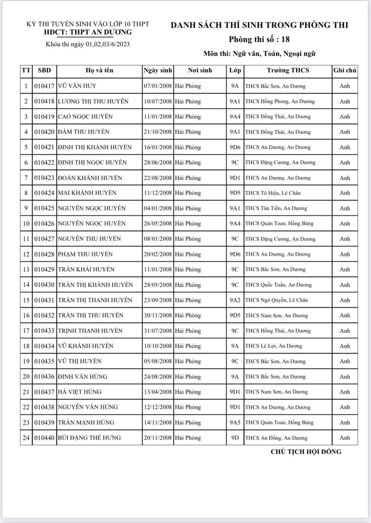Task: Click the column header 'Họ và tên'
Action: (x=99, y=70)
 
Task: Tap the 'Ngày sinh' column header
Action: (x=158, y=70)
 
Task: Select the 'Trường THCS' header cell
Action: (x=288, y=70)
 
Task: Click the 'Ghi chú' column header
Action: (x=345, y=70)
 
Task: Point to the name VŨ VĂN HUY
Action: (x=77, y=86)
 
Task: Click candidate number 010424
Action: (x=44, y=193)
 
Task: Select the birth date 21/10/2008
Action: (x=158, y=132)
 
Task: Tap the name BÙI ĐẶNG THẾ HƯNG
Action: (x=89, y=438)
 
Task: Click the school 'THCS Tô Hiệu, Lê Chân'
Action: (x=273, y=193)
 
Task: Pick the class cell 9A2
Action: (x=235, y=300)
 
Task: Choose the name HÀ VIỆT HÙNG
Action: (x=80, y=392)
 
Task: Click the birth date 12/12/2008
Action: (x=158, y=407)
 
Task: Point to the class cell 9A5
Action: (x=235, y=422)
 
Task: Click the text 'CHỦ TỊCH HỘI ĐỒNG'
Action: (x=306, y=452)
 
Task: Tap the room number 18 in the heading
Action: (x=285, y=40)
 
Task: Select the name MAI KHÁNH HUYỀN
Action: (x=87, y=193)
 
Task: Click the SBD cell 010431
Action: (x=44, y=300)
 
